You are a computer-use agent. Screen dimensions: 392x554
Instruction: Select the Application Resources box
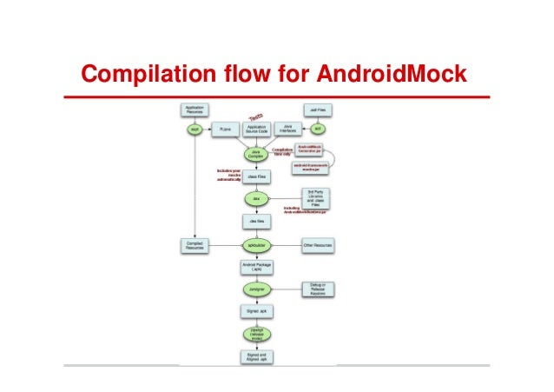(x=195, y=110)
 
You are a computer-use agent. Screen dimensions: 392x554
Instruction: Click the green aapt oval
(x=195, y=129)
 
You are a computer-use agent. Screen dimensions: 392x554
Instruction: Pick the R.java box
(x=224, y=129)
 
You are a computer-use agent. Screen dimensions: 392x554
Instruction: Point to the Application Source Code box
(x=256, y=129)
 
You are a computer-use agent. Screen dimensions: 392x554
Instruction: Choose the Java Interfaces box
(x=288, y=129)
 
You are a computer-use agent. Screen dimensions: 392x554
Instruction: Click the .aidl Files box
(x=318, y=110)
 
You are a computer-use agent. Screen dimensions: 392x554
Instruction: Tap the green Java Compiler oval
(x=256, y=153)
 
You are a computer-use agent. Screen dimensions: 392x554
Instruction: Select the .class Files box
(x=256, y=176)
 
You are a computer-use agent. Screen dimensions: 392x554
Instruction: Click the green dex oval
(x=256, y=199)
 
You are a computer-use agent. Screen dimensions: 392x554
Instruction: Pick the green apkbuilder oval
(x=256, y=245)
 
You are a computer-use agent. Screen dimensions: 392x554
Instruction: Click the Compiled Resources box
(x=195, y=246)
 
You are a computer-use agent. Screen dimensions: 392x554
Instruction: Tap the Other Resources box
(x=318, y=246)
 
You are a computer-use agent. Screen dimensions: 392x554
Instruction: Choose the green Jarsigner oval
(x=256, y=289)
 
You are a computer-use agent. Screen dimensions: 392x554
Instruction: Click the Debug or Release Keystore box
(x=318, y=289)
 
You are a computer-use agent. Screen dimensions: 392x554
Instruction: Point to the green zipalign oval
(x=256, y=334)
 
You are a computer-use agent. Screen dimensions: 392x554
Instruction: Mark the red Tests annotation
(x=257, y=115)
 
